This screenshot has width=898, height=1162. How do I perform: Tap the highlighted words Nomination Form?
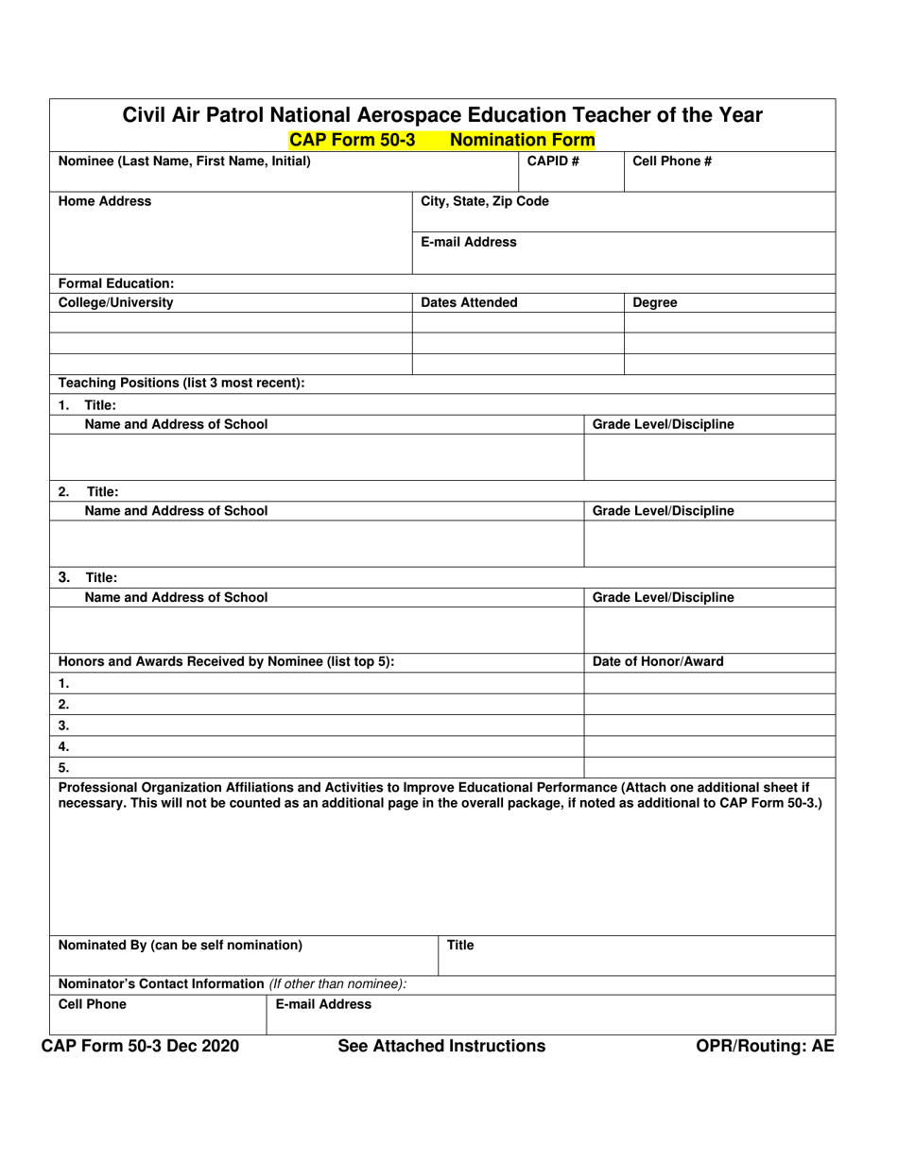pyautogui.click(x=523, y=141)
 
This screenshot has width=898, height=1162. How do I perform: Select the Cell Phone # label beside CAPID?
pyautogui.click(x=671, y=161)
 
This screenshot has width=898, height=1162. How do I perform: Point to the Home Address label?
pyautogui.click(x=105, y=201)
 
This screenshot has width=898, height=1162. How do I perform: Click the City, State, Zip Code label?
pyautogui.click(x=484, y=201)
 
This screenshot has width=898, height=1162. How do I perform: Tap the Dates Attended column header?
pyautogui.click(x=469, y=302)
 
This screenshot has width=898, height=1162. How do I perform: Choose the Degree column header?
pyautogui.click(x=654, y=302)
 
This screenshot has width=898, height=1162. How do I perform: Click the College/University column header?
pyautogui.click(x=116, y=302)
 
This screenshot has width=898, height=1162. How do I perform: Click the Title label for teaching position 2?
pyautogui.click(x=103, y=491)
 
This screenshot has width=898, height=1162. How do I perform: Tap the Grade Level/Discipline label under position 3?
pyautogui.click(x=663, y=597)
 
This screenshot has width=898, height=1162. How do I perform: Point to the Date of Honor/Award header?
pyautogui.click(x=658, y=661)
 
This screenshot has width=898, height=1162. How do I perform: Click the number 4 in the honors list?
pyautogui.click(x=63, y=746)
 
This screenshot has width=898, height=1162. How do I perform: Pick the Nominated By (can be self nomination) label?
pyautogui.click(x=181, y=945)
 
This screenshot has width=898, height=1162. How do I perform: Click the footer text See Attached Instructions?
pyautogui.click(x=441, y=1046)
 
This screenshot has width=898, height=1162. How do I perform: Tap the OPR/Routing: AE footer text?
pyautogui.click(x=765, y=1046)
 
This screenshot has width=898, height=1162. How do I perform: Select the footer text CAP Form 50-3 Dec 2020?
pyautogui.click(x=140, y=1046)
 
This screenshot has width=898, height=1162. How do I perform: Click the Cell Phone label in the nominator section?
pyautogui.click(x=92, y=1004)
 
